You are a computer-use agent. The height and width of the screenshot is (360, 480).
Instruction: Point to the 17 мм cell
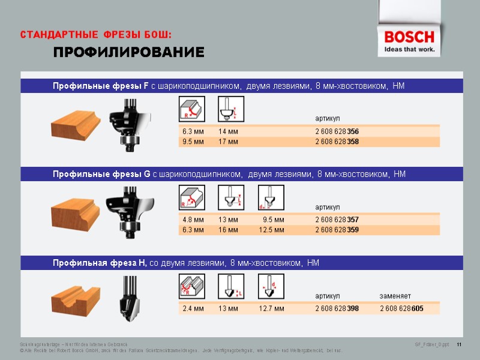(x=229, y=142)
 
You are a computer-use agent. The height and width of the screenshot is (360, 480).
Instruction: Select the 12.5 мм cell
(x=272, y=230)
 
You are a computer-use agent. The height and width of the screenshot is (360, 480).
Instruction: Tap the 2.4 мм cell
(x=193, y=308)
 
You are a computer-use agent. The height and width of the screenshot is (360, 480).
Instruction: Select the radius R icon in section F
(x=191, y=110)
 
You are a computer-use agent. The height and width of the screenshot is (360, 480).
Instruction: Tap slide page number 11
(x=460, y=344)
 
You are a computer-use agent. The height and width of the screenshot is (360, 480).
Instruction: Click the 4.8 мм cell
(x=193, y=220)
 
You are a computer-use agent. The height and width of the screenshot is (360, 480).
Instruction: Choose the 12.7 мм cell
(x=272, y=308)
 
